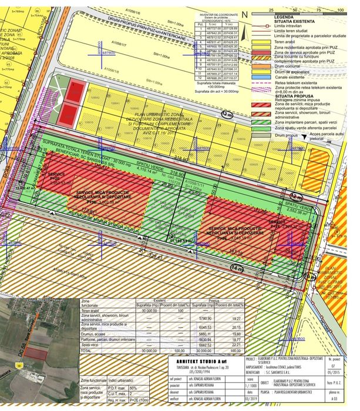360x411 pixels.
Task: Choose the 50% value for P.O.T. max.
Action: click(133, 388)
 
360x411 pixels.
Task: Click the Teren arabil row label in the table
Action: click(92, 312)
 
